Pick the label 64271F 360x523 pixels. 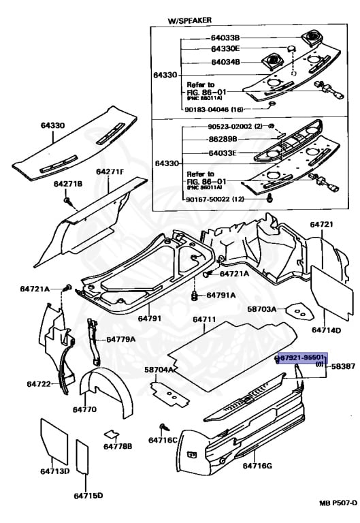click(x=110, y=172)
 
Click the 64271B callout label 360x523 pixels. click(x=68, y=184)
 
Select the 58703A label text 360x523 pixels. click(x=261, y=309)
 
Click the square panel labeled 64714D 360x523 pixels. click(x=325, y=291)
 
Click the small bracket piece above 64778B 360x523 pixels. click(x=112, y=434)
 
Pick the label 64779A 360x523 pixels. click(x=120, y=339)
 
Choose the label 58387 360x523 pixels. click(x=344, y=366)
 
